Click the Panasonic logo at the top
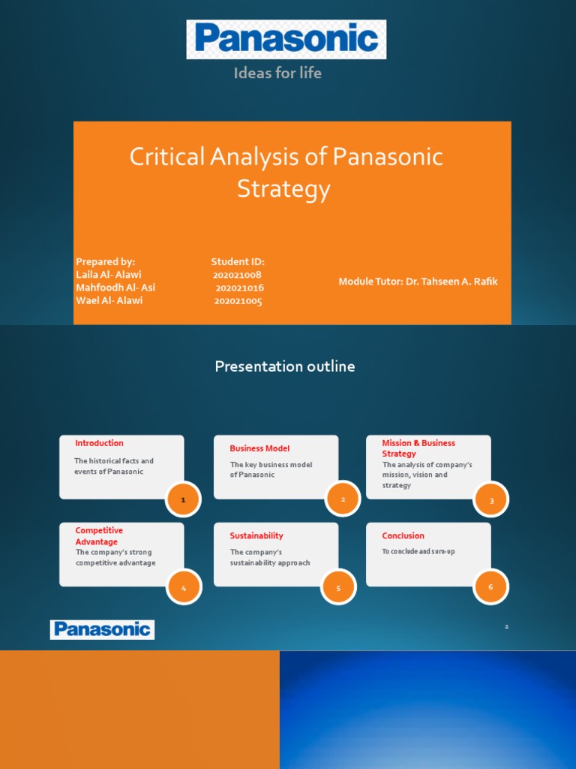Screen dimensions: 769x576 point(286,40)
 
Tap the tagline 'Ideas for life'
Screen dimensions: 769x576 point(277,73)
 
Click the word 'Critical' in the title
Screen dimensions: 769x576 point(166,157)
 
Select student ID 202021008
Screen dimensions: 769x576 point(237,275)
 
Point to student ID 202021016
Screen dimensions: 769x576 point(239,288)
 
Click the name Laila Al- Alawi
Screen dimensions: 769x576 point(108,275)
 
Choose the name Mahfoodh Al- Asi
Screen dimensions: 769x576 point(115,288)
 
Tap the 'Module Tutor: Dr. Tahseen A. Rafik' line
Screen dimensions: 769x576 point(418,282)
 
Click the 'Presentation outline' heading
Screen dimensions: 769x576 point(285,366)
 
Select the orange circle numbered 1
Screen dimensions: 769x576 point(183,499)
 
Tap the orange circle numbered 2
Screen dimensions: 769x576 point(343,499)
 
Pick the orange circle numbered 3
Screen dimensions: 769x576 point(491,500)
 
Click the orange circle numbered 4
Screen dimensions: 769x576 point(183,588)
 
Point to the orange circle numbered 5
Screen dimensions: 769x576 point(338,588)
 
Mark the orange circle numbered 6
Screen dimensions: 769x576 point(490,587)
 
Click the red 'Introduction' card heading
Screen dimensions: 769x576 point(99,443)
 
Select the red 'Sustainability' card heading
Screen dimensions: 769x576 point(256,535)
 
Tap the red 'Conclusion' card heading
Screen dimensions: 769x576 point(403,535)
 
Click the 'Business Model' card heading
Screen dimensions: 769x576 point(259,448)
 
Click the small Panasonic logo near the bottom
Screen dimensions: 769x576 point(102,629)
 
